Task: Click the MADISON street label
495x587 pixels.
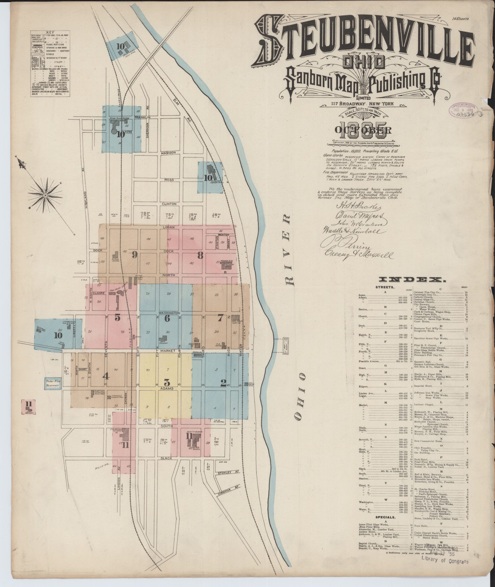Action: [168, 152]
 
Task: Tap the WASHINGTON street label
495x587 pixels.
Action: [169, 313]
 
